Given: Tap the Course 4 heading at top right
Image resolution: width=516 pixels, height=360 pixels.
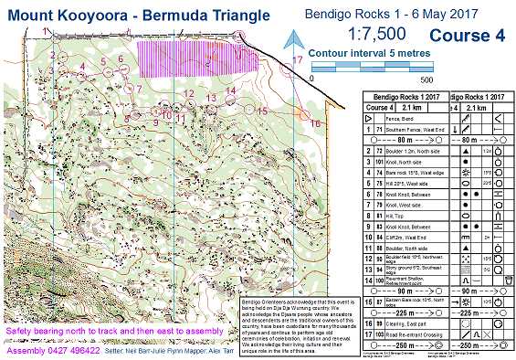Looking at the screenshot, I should coord(466,37).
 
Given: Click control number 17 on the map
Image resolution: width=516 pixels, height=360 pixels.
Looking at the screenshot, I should coord(298,60).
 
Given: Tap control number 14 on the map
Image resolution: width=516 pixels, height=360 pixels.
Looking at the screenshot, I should coord(231,90).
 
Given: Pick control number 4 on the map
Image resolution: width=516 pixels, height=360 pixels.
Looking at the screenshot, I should coord(83,66).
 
